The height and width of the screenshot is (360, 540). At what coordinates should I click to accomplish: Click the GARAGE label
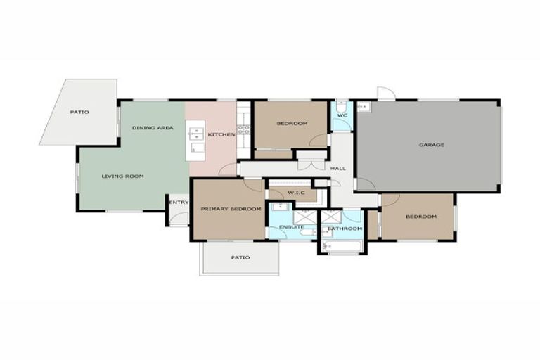(431, 145)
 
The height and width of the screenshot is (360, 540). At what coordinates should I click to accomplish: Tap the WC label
(342, 115)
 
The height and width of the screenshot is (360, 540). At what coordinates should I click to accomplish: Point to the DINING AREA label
(153, 128)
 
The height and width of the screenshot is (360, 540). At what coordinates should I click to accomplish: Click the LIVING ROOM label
(122, 176)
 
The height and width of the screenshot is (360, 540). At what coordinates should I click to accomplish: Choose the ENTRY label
(179, 203)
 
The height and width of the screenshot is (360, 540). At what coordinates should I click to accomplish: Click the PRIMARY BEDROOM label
(231, 210)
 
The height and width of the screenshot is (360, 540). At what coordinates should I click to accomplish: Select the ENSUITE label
(291, 227)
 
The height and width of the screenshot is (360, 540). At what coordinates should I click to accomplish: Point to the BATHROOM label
(345, 229)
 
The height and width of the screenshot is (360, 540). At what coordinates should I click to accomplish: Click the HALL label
(338, 169)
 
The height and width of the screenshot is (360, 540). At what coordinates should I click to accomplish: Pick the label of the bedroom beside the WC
(291, 124)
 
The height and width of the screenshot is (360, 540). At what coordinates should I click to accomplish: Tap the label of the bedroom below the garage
(420, 217)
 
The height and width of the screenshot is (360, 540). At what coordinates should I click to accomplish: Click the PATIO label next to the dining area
(79, 112)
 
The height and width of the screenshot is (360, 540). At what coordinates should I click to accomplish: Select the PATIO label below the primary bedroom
(240, 257)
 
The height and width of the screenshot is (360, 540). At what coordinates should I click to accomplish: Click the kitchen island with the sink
(195, 140)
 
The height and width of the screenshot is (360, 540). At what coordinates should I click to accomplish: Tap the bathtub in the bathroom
(342, 245)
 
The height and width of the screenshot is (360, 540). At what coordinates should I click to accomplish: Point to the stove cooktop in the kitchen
(243, 129)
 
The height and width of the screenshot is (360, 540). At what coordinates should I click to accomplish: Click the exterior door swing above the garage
(386, 94)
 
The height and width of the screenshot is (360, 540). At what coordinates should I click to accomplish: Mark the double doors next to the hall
(311, 163)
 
